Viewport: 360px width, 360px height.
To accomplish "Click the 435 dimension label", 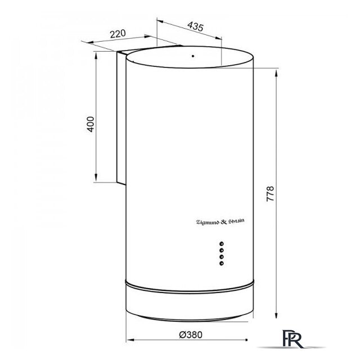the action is (x=195, y=26).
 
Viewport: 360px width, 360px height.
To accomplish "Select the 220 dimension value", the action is (x=118, y=34).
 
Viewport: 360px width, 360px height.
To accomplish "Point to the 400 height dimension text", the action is (x=91, y=124).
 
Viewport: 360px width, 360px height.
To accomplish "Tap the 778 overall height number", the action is (x=270, y=194).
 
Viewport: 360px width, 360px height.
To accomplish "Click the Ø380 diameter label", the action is (x=191, y=335).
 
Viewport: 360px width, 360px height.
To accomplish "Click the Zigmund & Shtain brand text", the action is (x=220, y=222).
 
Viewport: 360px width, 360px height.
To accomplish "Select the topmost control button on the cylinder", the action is (x=222, y=244).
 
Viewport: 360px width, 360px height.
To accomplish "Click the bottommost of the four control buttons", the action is (x=222, y=263).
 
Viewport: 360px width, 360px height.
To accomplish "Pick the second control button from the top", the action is (x=222, y=250).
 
